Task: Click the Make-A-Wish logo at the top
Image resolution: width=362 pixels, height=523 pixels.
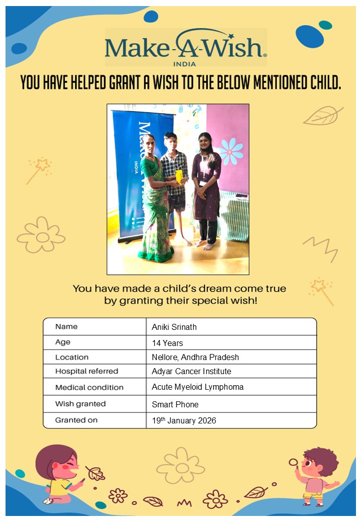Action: coord(186,47)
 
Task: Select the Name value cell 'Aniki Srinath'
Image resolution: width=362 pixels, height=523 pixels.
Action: coord(174,327)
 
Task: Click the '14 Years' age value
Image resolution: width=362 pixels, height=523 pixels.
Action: coord(167,343)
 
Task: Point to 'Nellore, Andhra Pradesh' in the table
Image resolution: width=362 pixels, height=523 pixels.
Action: coord(195,357)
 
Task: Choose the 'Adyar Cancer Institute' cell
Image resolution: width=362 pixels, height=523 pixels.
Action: coord(192,371)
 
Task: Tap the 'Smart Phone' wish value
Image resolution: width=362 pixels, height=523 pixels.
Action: coord(175,404)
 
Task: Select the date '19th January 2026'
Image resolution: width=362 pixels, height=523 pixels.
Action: coord(184,420)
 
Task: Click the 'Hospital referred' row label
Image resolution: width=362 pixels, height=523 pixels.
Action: coord(86,371)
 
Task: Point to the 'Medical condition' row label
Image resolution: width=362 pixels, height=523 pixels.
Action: coord(89,387)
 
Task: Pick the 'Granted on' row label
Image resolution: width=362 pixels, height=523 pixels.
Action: coord(76,420)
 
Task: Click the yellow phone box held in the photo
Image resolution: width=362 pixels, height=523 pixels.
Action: coord(178,177)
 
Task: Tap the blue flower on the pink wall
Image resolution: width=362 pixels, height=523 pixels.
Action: coord(231,151)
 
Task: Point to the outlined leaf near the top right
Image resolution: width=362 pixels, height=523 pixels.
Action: coord(322,116)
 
